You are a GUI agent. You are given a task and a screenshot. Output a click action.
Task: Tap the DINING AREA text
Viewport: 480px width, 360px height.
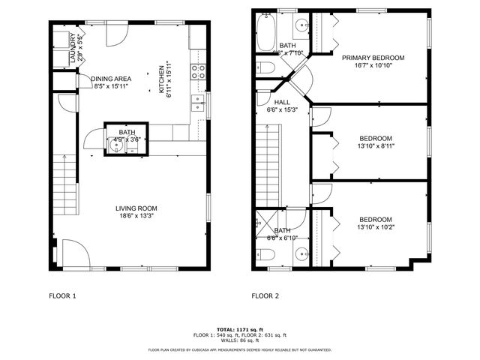pyautogui.click(x=111, y=78)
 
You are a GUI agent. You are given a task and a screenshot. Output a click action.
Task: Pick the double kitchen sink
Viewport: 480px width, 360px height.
pyautogui.click(x=200, y=102)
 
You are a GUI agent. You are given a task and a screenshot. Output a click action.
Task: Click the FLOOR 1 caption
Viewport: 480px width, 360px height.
pyautogui.click(x=63, y=295)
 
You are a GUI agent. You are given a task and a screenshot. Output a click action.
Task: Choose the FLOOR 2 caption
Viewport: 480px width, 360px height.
pyautogui.click(x=265, y=295)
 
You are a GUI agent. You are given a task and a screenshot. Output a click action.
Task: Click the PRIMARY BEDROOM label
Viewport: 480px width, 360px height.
pyautogui.click(x=373, y=58)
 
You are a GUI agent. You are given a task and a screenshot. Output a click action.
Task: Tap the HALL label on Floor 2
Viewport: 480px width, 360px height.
pyautogui.click(x=282, y=102)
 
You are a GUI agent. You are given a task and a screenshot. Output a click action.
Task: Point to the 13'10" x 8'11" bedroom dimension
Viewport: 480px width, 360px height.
pyautogui.click(x=376, y=147)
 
